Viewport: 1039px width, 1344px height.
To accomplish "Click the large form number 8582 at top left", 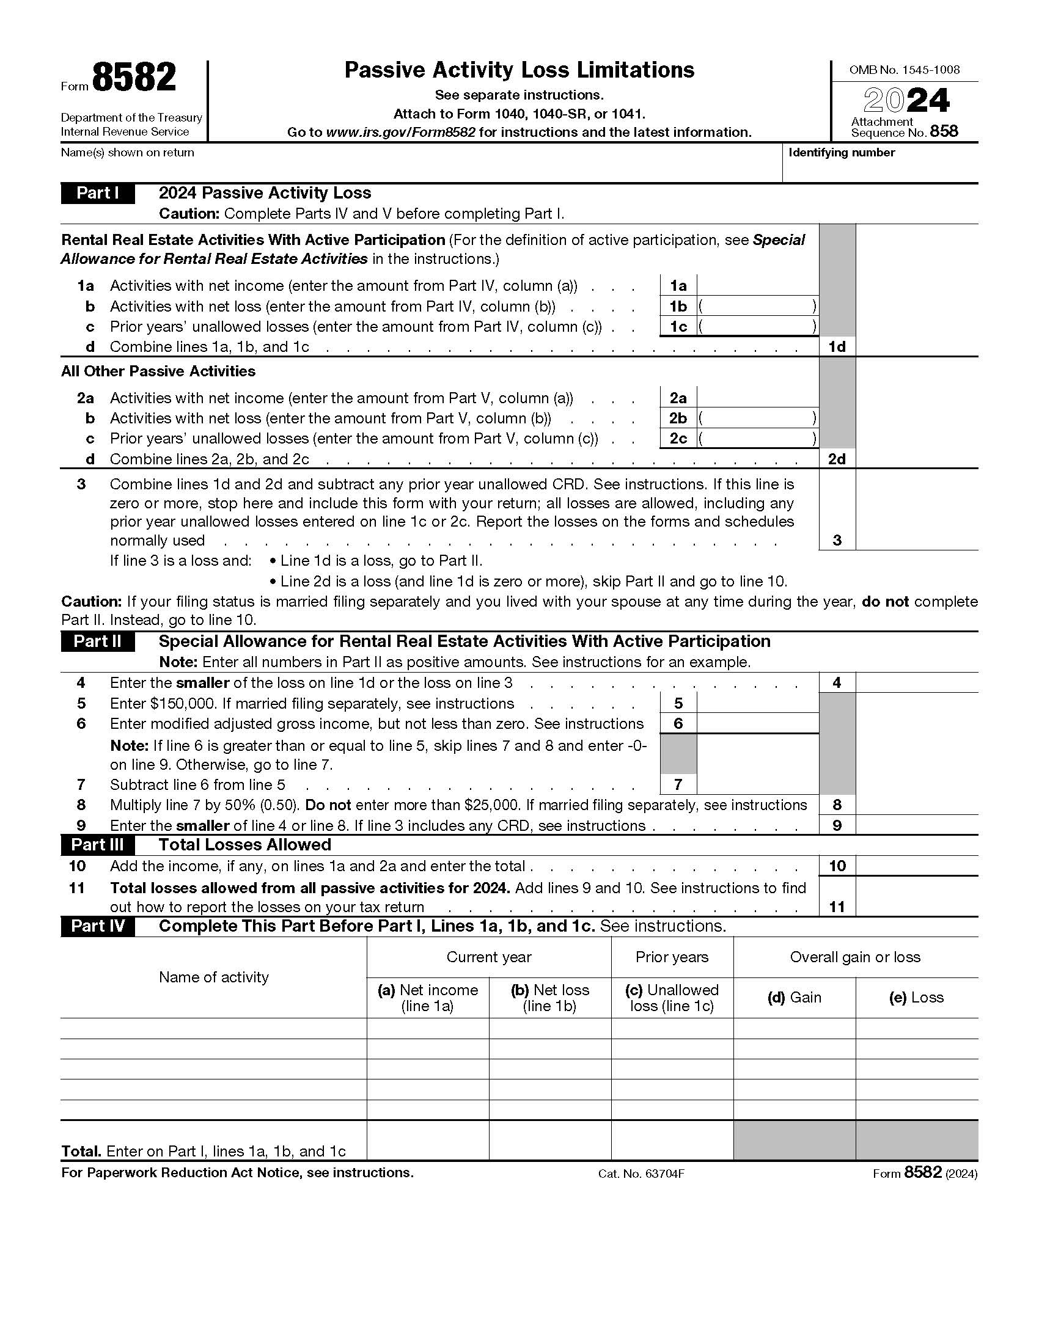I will coord(134,79).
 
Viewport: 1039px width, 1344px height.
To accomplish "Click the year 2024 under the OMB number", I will coord(906,101).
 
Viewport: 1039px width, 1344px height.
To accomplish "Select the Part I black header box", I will coord(98,193).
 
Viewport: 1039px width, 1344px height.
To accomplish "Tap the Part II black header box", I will coord(98,641).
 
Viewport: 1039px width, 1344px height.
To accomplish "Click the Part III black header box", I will coord(98,844).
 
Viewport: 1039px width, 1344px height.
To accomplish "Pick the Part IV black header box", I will coord(98,926).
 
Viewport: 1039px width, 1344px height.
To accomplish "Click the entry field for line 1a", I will coord(757,285).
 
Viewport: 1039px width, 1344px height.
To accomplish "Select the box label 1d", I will coord(837,346).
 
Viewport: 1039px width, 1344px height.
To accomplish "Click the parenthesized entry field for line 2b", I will coord(757,418).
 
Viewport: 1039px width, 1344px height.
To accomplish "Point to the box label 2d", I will coord(837,459).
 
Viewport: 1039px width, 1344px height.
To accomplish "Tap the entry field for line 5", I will coord(757,703).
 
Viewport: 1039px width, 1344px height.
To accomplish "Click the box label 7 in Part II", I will coord(678,784).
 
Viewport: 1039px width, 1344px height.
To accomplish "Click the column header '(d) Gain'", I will coord(794,998).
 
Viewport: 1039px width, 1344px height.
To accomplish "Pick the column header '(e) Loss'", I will coord(916,998).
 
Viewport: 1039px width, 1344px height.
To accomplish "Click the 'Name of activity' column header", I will coord(213,977).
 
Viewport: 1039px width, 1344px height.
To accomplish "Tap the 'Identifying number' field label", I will coord(842,153).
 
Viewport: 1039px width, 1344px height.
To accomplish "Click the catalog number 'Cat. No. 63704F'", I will coord(641,1174).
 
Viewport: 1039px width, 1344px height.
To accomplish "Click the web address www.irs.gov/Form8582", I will coord(400,133).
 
